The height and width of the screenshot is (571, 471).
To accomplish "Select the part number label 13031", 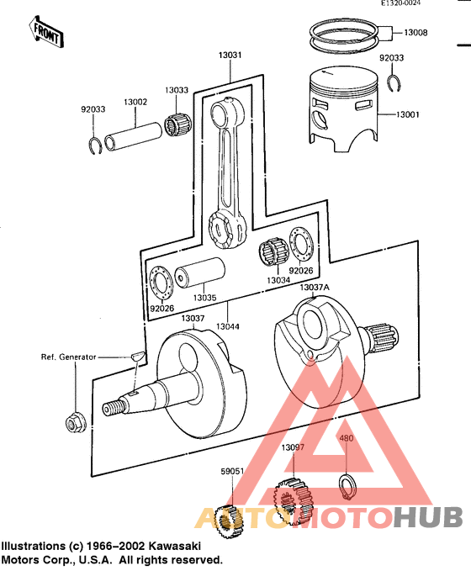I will point(230,56).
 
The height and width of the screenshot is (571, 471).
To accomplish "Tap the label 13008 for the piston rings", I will point(415,34).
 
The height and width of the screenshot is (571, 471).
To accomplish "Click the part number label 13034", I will point(279,280).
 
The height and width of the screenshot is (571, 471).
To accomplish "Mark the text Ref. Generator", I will point(69,357).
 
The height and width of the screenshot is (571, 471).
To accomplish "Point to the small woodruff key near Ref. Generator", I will point(138,357).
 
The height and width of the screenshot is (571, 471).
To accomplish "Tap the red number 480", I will point(347,438).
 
